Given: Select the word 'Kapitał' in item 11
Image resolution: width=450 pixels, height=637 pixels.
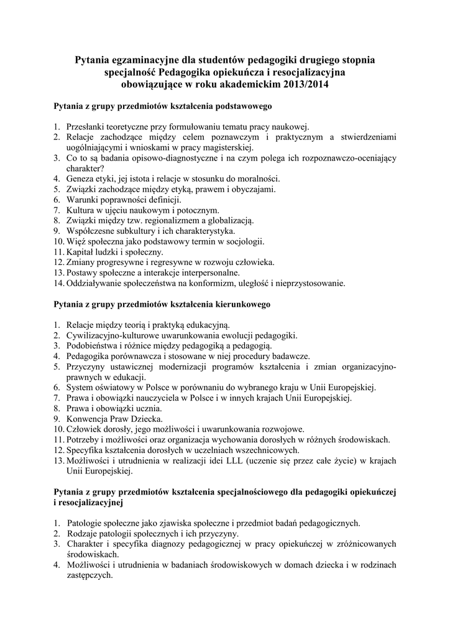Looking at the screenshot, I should (81, 252).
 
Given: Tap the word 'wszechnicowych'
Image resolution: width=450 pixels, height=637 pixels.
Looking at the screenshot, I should (266, 450).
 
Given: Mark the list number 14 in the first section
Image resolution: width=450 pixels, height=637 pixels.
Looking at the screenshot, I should (58, 283).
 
